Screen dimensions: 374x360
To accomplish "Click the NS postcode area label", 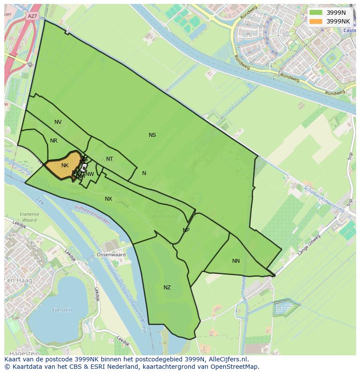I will [152, 135].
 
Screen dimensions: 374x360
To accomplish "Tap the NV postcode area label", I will [58, 122].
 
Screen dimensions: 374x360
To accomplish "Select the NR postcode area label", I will [53, 141].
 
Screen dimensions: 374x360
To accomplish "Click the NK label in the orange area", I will [65, 165].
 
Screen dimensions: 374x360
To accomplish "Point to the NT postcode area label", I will [110, 159].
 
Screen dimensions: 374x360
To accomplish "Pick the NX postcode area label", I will [108, 199].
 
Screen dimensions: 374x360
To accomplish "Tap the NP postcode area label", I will [186, 230].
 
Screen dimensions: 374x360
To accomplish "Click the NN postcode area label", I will [236, 261].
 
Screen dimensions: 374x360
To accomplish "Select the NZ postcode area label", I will [167, 288].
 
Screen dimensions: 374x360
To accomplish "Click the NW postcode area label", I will [90, 174].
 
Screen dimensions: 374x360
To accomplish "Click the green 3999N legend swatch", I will [316, 13].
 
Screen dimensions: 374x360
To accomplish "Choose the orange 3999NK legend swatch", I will [316, 21].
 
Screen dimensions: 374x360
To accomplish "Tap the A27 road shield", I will [32, 17].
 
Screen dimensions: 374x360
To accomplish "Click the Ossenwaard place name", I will [111, 255].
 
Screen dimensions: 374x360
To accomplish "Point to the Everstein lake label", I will [62, 310].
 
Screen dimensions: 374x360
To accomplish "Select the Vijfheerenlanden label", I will [92, 215].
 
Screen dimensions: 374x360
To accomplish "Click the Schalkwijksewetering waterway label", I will [324, 199].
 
